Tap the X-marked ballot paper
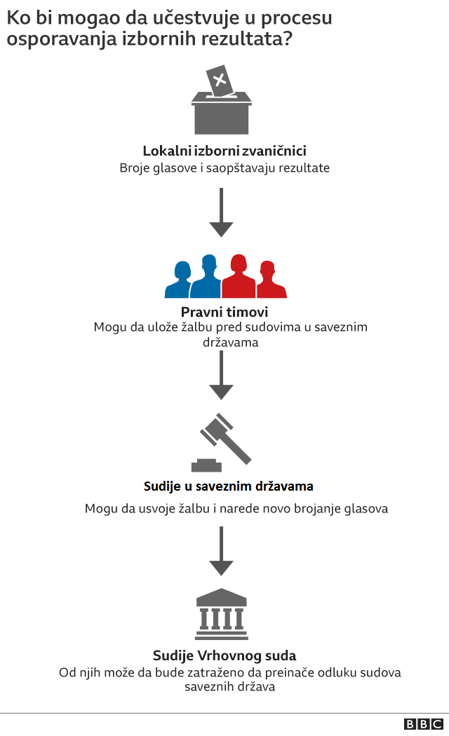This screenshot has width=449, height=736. [219, 80]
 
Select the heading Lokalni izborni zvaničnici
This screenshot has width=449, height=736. [224, 151]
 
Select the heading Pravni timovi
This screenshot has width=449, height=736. [224, 312]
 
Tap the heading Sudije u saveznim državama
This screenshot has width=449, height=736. [228, 486]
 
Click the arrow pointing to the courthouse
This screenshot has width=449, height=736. [221, 550]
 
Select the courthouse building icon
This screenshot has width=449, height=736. [221, 611]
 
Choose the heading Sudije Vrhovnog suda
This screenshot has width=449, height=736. [224, 656]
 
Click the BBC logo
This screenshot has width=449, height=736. [423, 724]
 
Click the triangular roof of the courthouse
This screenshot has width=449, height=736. [221, 597]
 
